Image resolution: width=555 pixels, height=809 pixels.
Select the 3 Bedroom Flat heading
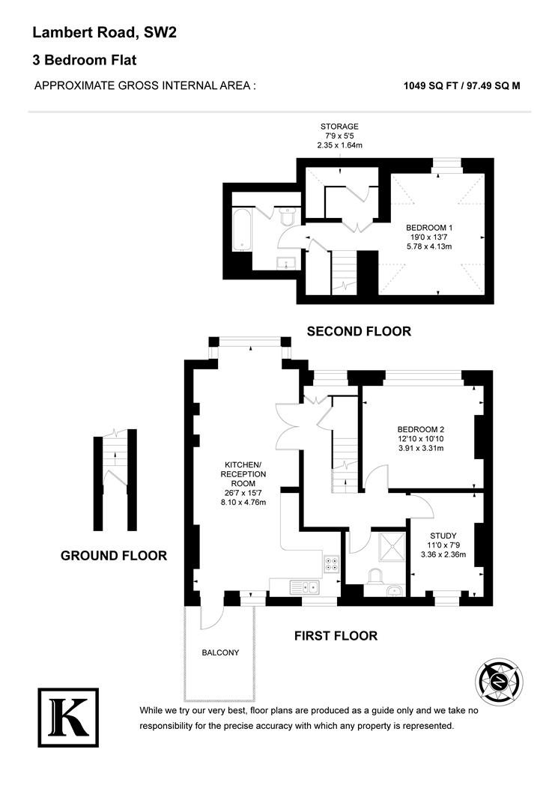(84, 60)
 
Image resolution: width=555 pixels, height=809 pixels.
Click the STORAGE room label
(339, 126)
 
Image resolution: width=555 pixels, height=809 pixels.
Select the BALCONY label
(220, 652)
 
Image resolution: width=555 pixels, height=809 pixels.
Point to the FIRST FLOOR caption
(335, 636)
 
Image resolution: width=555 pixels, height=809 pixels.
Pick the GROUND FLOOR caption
(113, 556)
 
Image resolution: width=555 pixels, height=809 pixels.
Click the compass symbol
(500, 682)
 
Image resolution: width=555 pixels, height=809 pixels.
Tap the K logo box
(67, 717)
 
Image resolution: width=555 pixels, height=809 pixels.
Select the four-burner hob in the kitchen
(332, 563)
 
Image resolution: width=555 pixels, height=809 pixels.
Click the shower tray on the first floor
(389, 546)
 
